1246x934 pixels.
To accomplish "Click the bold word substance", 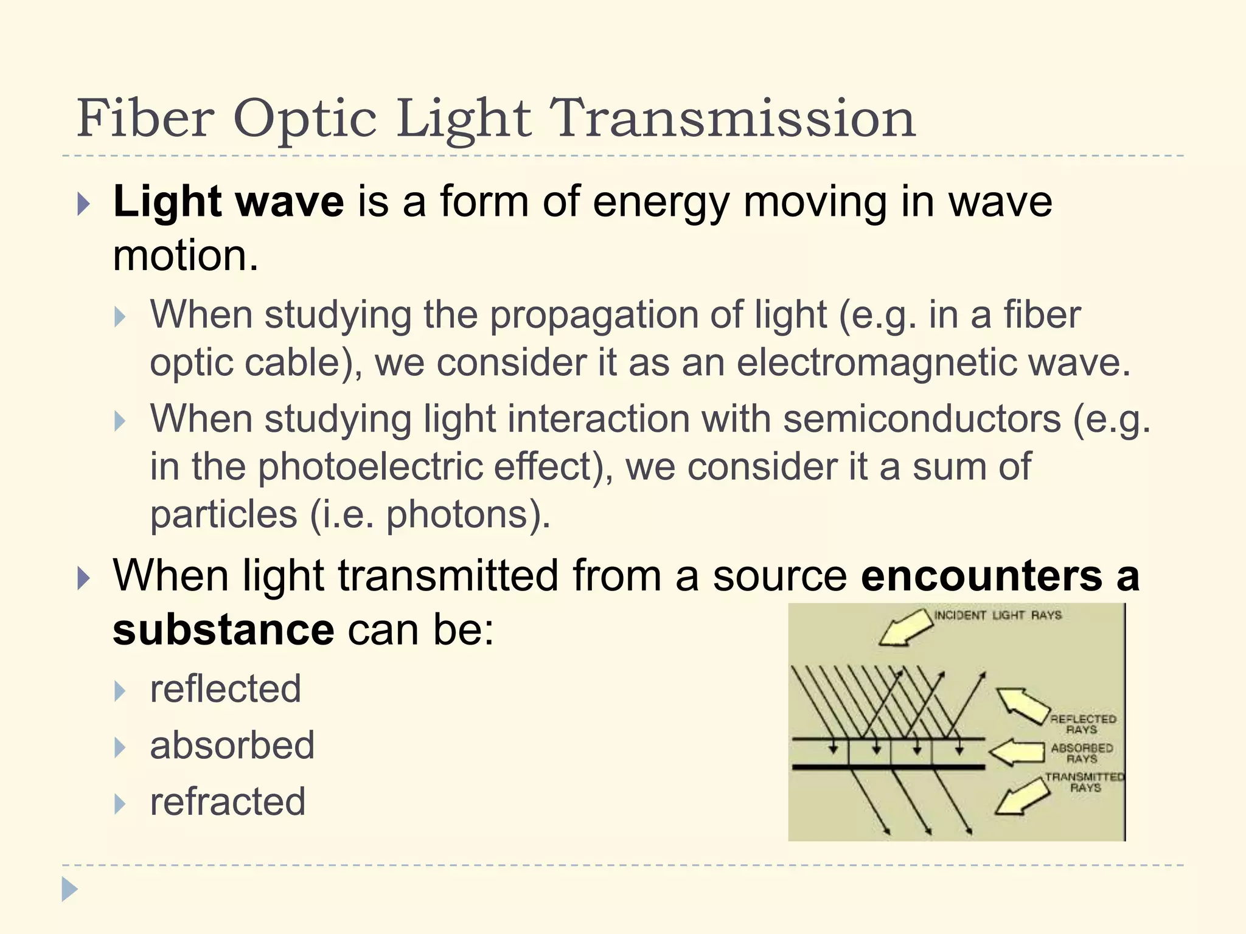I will point(223,629).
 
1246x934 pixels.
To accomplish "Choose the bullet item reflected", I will point(225,689).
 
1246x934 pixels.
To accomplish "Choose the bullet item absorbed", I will point(232,745).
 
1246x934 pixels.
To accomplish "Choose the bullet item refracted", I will point(228,801).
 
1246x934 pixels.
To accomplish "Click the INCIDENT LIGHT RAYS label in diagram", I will point(998,615).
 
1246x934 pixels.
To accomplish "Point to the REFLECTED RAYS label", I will point(1082,724).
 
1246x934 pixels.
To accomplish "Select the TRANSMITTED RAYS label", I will point(1085,782).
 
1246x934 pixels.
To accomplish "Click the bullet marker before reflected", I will point(120,691).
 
